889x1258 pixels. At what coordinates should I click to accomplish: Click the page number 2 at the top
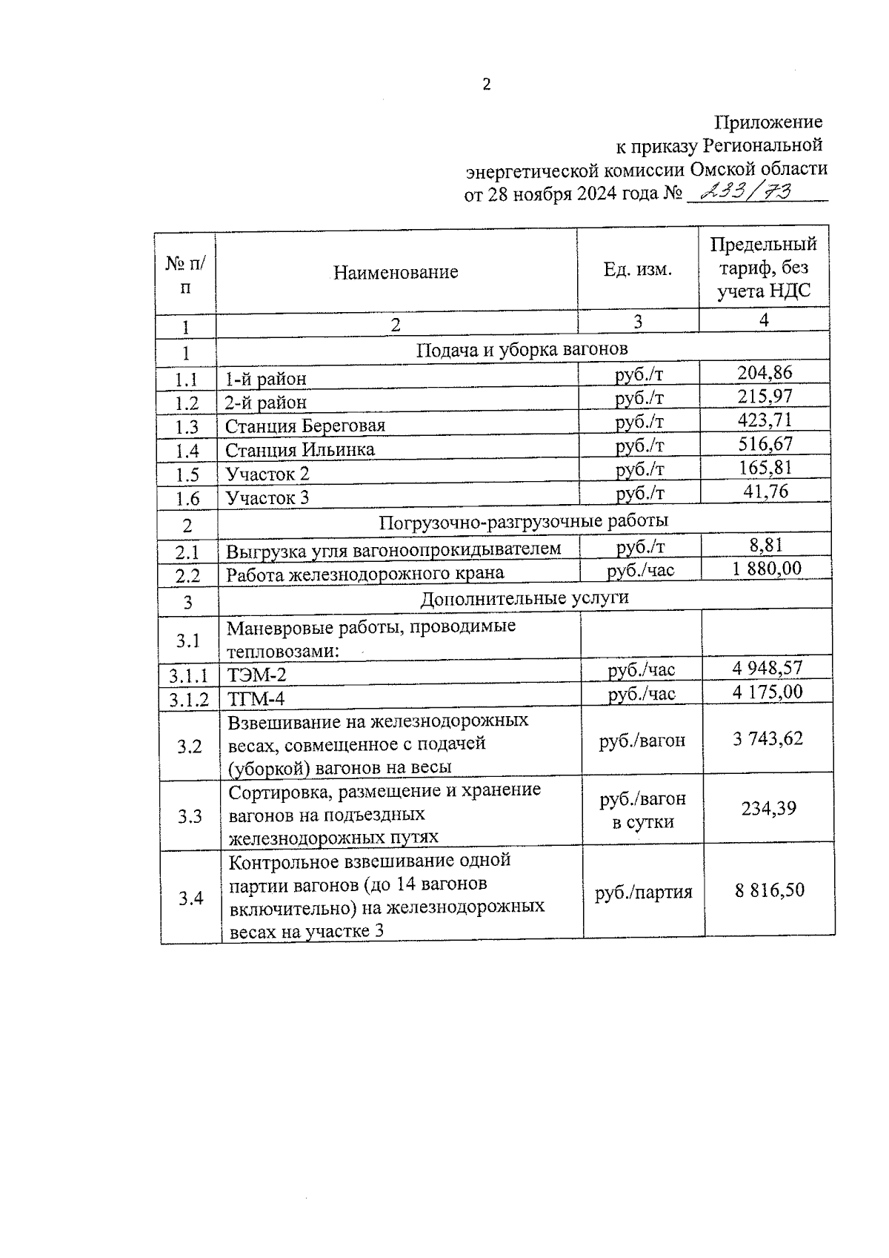click(x=486, y=85)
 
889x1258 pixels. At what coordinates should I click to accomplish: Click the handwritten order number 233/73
click(x=747, y=193)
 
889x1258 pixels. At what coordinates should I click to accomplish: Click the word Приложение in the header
click(x=768, y=122)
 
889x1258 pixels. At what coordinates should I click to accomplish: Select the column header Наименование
click(x=396, y=272)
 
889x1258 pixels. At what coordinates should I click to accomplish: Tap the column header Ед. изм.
click(x=638, y=269)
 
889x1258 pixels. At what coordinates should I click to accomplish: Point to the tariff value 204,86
click(x=765, y=373)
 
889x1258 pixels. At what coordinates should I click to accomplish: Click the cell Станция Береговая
click(x=305, y=426)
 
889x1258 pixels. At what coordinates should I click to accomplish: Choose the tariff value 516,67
click(x=765, y=444)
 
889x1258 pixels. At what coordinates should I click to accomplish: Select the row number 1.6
click(x=187, y=499)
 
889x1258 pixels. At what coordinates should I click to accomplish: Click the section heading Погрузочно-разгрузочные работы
click(x=523, y=521)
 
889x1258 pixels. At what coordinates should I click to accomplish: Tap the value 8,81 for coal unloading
click(x=766, y=546)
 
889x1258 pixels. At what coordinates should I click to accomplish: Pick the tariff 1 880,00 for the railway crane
click(x=766, y=569)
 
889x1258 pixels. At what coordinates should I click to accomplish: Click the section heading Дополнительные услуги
click(x=525, y=598)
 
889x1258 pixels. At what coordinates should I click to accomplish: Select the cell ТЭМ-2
click(x=256, y=675)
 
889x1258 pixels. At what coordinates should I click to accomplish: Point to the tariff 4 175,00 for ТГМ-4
click(x=768, y=692)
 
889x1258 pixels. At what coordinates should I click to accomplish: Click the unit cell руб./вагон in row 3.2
click(x=642, y=740)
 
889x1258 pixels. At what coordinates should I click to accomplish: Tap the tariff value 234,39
click(x=769, y=808)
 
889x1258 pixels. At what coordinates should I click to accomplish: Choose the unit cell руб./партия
click(x=643, y=893)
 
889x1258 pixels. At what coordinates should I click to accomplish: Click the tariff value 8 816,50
click(x=770, y=890)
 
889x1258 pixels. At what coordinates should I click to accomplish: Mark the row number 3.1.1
click(x=189, y=676)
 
